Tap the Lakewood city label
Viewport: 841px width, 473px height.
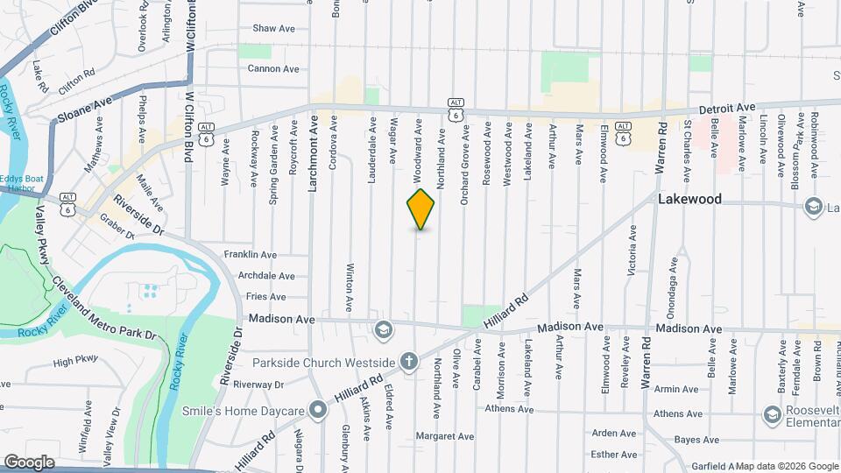pyautogui.click(x=689, y=199)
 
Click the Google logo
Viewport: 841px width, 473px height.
pyautogui.click(x=29, y=462)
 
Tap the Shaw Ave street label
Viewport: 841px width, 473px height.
pyautogui.click(x=273, y=28)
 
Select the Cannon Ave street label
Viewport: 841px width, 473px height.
pyautogui.click(x=272, y=68)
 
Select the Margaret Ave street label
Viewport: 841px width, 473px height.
pyautogui.click(x=444, y=435)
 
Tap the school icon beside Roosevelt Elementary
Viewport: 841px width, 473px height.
pyautogui.click(x=772, y=413)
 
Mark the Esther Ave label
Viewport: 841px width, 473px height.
pyautogui.click(x=614, y=454)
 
